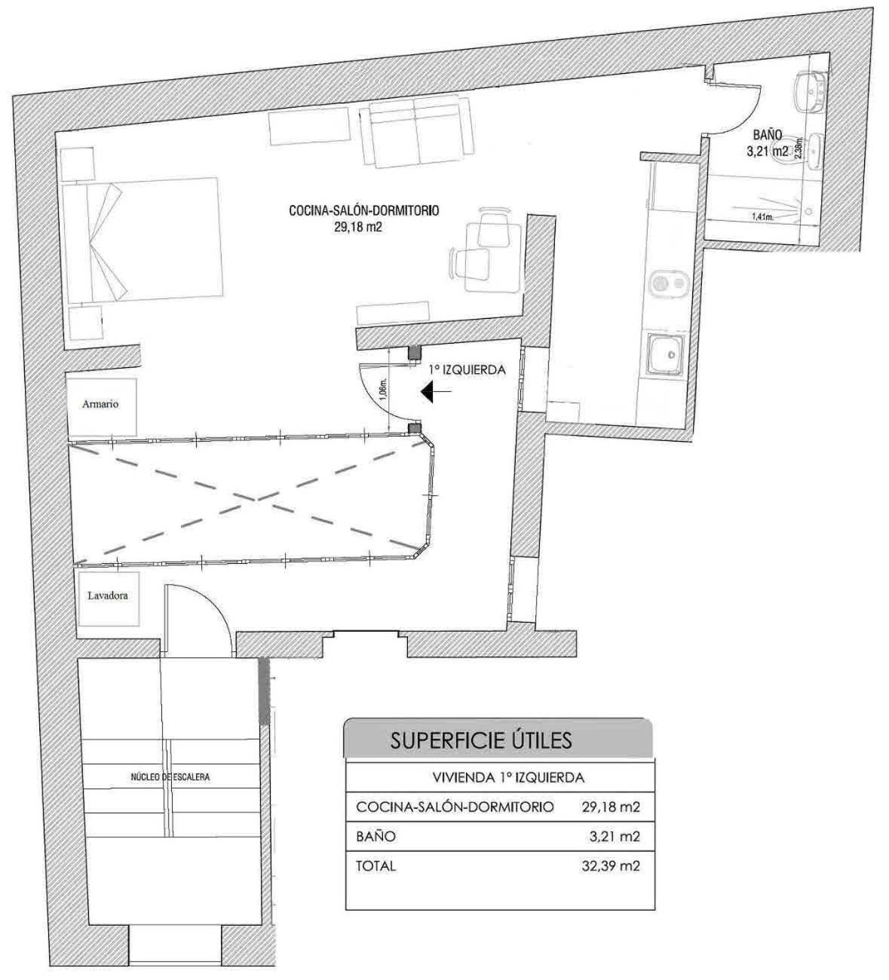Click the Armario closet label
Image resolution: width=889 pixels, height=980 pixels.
(x=100, y=405)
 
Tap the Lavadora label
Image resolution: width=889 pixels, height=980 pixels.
(x=108, y=596)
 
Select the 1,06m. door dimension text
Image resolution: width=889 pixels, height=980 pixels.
(x=384, y=389)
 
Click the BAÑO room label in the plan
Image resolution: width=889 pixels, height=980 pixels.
(x=768, y=134)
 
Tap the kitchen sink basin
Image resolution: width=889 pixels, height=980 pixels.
(x=667, y=354)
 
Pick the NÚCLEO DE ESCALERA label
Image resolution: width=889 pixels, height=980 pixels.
(x=170, y=776)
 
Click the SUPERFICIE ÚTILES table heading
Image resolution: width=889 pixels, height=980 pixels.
(x=481, y=740)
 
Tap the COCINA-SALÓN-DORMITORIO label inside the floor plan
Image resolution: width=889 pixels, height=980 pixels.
(x=363, y=210)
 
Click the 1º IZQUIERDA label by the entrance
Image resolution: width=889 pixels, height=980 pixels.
(x=467, y=370)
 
